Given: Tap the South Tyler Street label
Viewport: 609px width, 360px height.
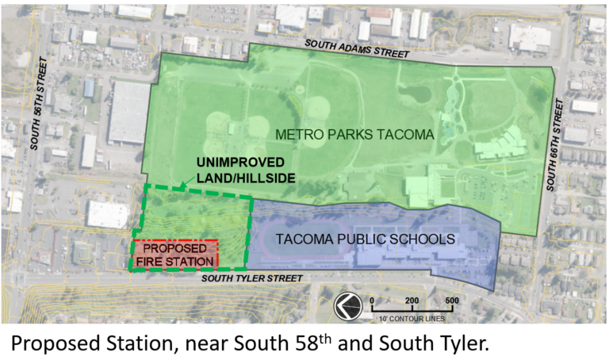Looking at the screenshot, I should click(x=251, y=278).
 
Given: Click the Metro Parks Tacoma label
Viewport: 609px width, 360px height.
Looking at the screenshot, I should click(x=356, y=136).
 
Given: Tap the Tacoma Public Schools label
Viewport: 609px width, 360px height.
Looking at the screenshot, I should click(x=365, y=238).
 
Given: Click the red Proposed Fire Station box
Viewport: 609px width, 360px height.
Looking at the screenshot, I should click(x=175, y=255).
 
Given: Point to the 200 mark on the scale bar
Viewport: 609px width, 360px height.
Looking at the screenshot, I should click(x=412, y=301).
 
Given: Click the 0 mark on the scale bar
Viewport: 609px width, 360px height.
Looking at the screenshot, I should click(x=372, y=301).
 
